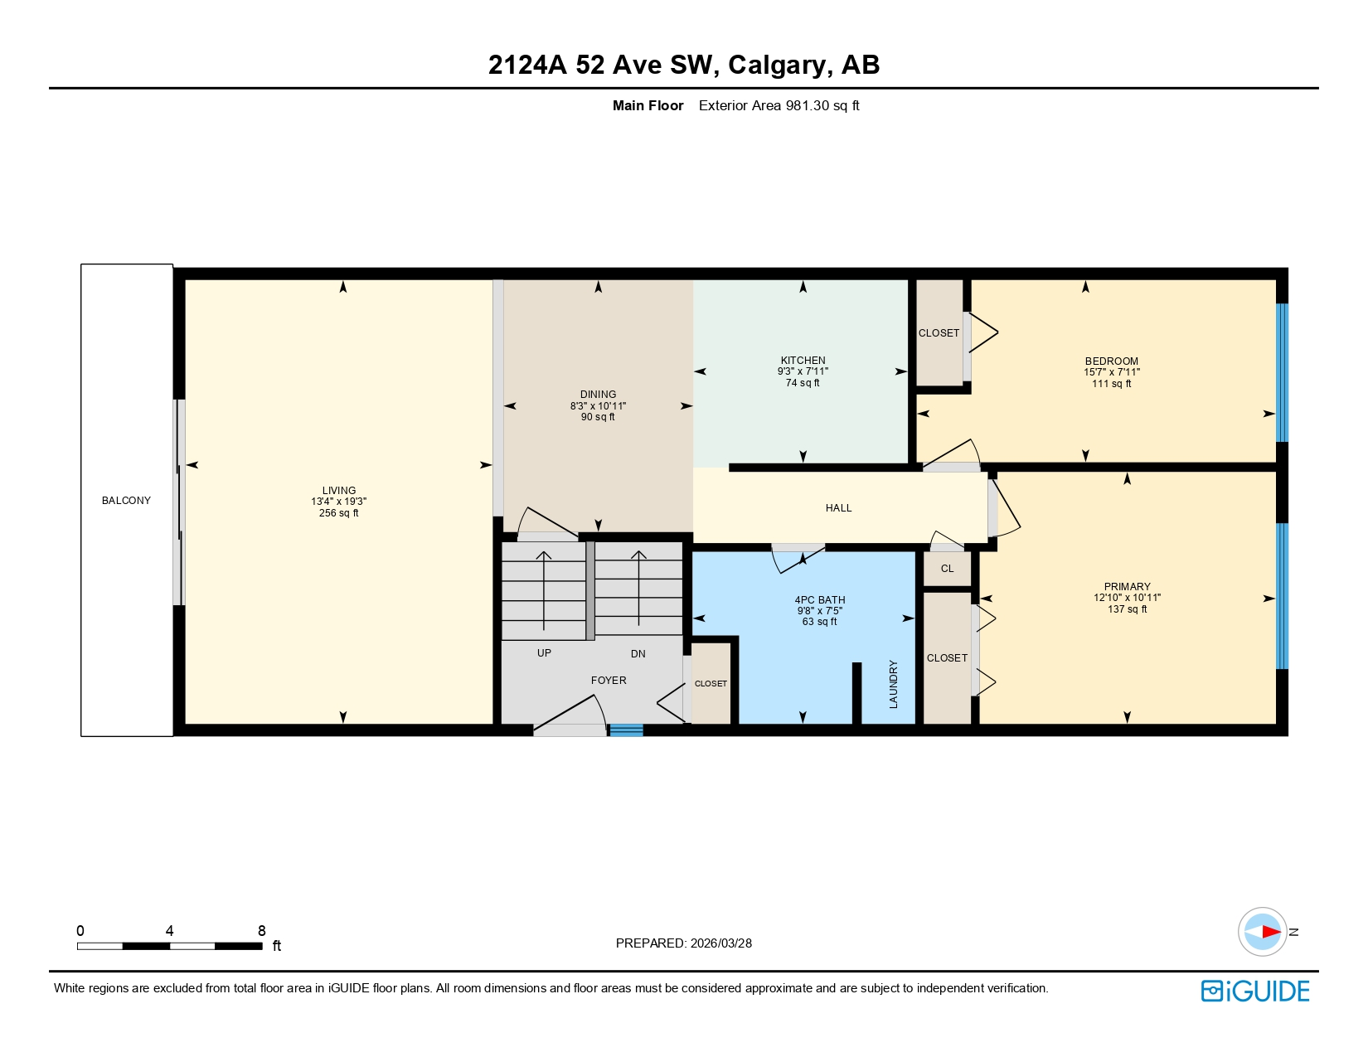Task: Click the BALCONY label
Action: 126,501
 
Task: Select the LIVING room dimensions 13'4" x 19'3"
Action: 338,502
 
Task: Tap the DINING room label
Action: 598,395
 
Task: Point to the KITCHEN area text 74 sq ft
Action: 803,383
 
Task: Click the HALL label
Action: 838,508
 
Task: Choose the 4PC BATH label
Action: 819,600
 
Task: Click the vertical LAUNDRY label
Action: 894,684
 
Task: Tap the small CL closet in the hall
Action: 947,569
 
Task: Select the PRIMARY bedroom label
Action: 1127,587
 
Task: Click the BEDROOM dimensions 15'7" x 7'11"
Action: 1111,372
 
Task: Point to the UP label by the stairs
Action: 544,653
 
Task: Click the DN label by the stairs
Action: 638,654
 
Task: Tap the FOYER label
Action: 609,681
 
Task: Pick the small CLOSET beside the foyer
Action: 711,684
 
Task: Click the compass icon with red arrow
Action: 1262,932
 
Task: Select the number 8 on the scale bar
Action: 262,931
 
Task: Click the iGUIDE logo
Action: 1255,992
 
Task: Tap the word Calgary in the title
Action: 780,65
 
